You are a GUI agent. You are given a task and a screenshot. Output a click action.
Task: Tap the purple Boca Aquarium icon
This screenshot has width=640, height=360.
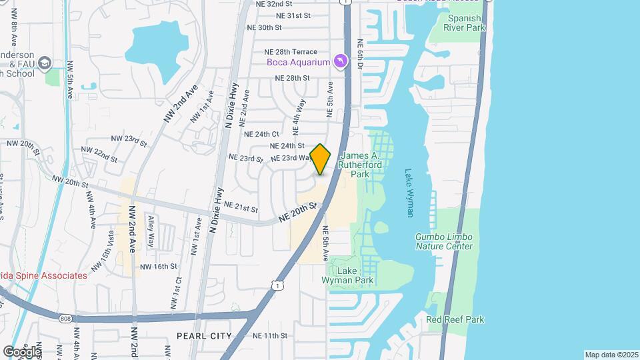341,62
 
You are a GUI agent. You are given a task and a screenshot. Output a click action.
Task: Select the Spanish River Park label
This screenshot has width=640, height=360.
465,23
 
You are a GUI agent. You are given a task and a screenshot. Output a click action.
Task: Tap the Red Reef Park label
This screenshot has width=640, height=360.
455,319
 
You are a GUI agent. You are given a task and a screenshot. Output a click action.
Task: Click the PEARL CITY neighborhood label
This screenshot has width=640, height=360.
205,335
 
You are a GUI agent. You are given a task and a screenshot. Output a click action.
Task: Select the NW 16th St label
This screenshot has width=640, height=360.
158,266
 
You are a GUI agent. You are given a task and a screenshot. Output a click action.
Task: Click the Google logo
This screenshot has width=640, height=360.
21,351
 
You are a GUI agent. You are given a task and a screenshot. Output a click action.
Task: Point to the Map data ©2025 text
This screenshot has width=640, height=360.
611,355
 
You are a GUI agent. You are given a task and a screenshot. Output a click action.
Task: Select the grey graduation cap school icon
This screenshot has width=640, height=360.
45,63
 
